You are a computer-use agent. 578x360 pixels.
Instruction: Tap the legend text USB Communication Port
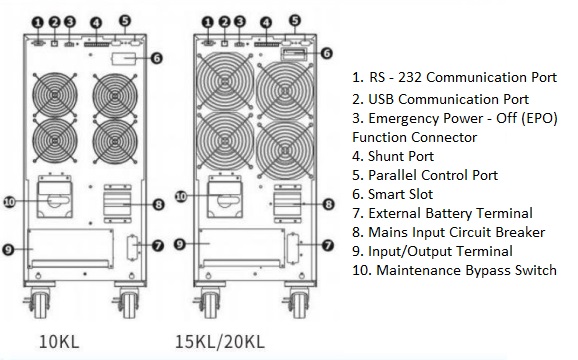441,99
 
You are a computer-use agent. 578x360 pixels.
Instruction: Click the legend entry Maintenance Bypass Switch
455,270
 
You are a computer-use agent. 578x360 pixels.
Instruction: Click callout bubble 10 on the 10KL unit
10,200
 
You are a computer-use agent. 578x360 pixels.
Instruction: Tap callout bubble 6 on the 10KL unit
157,57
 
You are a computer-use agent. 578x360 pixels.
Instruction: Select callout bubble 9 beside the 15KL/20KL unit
180,243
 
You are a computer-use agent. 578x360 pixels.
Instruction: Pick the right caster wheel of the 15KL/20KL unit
296,299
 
